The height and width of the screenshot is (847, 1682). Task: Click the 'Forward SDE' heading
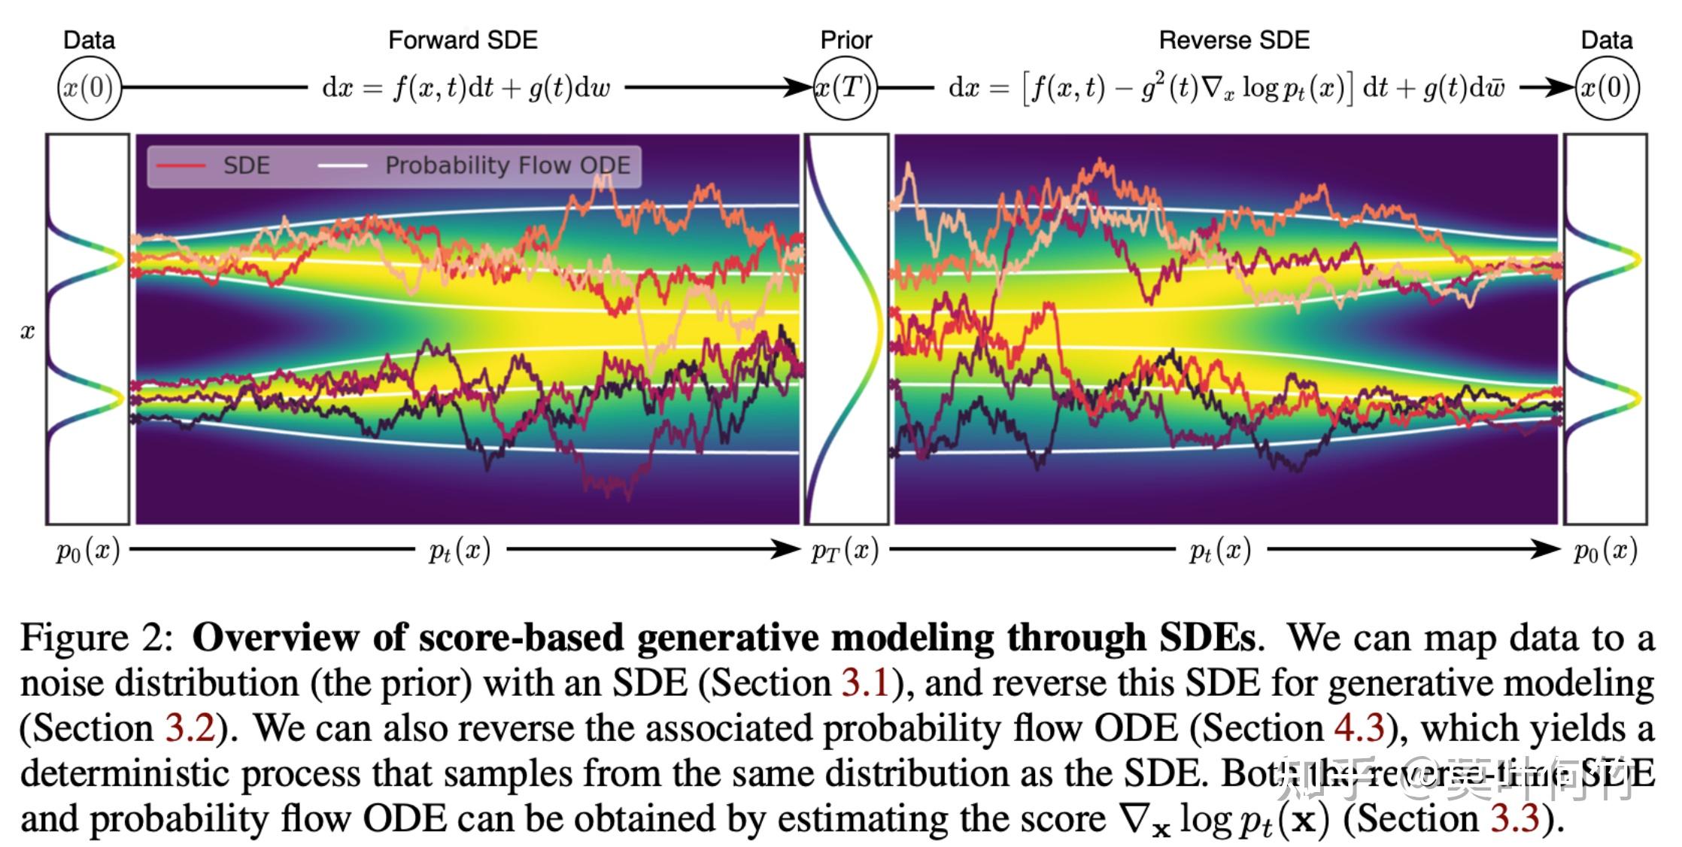463,40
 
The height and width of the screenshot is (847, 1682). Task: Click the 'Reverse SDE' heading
1234,40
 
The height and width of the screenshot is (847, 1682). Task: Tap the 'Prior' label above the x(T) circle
846,40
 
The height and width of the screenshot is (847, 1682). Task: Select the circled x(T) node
846,89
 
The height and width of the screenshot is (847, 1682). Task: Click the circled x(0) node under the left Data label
89,89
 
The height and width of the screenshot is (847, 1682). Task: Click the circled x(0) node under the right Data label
1606,89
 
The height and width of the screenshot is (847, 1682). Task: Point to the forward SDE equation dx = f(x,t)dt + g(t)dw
466,89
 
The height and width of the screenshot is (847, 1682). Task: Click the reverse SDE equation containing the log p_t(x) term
1226,89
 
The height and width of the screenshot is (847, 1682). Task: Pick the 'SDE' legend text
246,165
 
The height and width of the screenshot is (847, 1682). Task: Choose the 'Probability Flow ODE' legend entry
508,165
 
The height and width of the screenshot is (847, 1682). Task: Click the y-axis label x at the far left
28,332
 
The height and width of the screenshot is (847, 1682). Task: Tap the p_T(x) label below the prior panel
845,551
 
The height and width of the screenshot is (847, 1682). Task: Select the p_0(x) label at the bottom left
88,551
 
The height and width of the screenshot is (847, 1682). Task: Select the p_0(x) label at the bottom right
1605,551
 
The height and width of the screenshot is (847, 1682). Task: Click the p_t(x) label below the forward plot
460,551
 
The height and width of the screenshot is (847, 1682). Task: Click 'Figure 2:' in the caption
96,639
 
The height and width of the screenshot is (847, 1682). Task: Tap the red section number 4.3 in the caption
1359,728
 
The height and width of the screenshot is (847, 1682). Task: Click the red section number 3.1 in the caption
866,683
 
